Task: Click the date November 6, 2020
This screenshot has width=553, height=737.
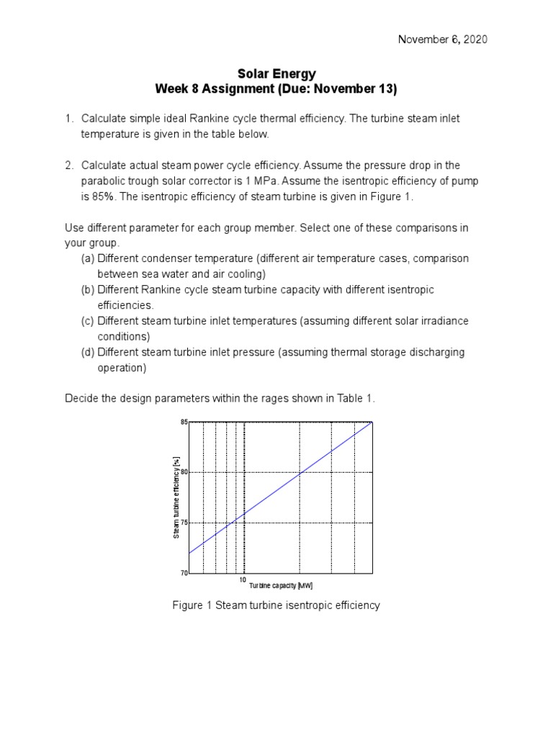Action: click(443, 40)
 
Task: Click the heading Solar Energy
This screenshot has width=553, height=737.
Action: click(276, 74)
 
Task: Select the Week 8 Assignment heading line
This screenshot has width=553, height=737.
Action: click(276, 89)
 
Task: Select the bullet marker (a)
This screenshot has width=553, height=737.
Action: click(89, 258)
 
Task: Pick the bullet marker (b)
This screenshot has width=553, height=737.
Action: click(89, 289)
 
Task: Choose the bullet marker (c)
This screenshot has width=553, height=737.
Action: click(89, 321)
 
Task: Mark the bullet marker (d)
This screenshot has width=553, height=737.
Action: click(89, 352)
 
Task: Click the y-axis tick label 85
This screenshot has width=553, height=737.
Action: click(184, 422)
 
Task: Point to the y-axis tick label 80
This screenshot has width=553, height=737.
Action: click(184, 472)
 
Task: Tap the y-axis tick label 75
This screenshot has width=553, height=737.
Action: click(184, 523)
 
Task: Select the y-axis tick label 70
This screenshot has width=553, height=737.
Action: click(184, 574)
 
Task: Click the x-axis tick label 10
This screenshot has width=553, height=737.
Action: click(243, 579)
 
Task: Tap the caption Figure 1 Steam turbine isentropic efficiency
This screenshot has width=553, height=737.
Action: click(276, 605)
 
